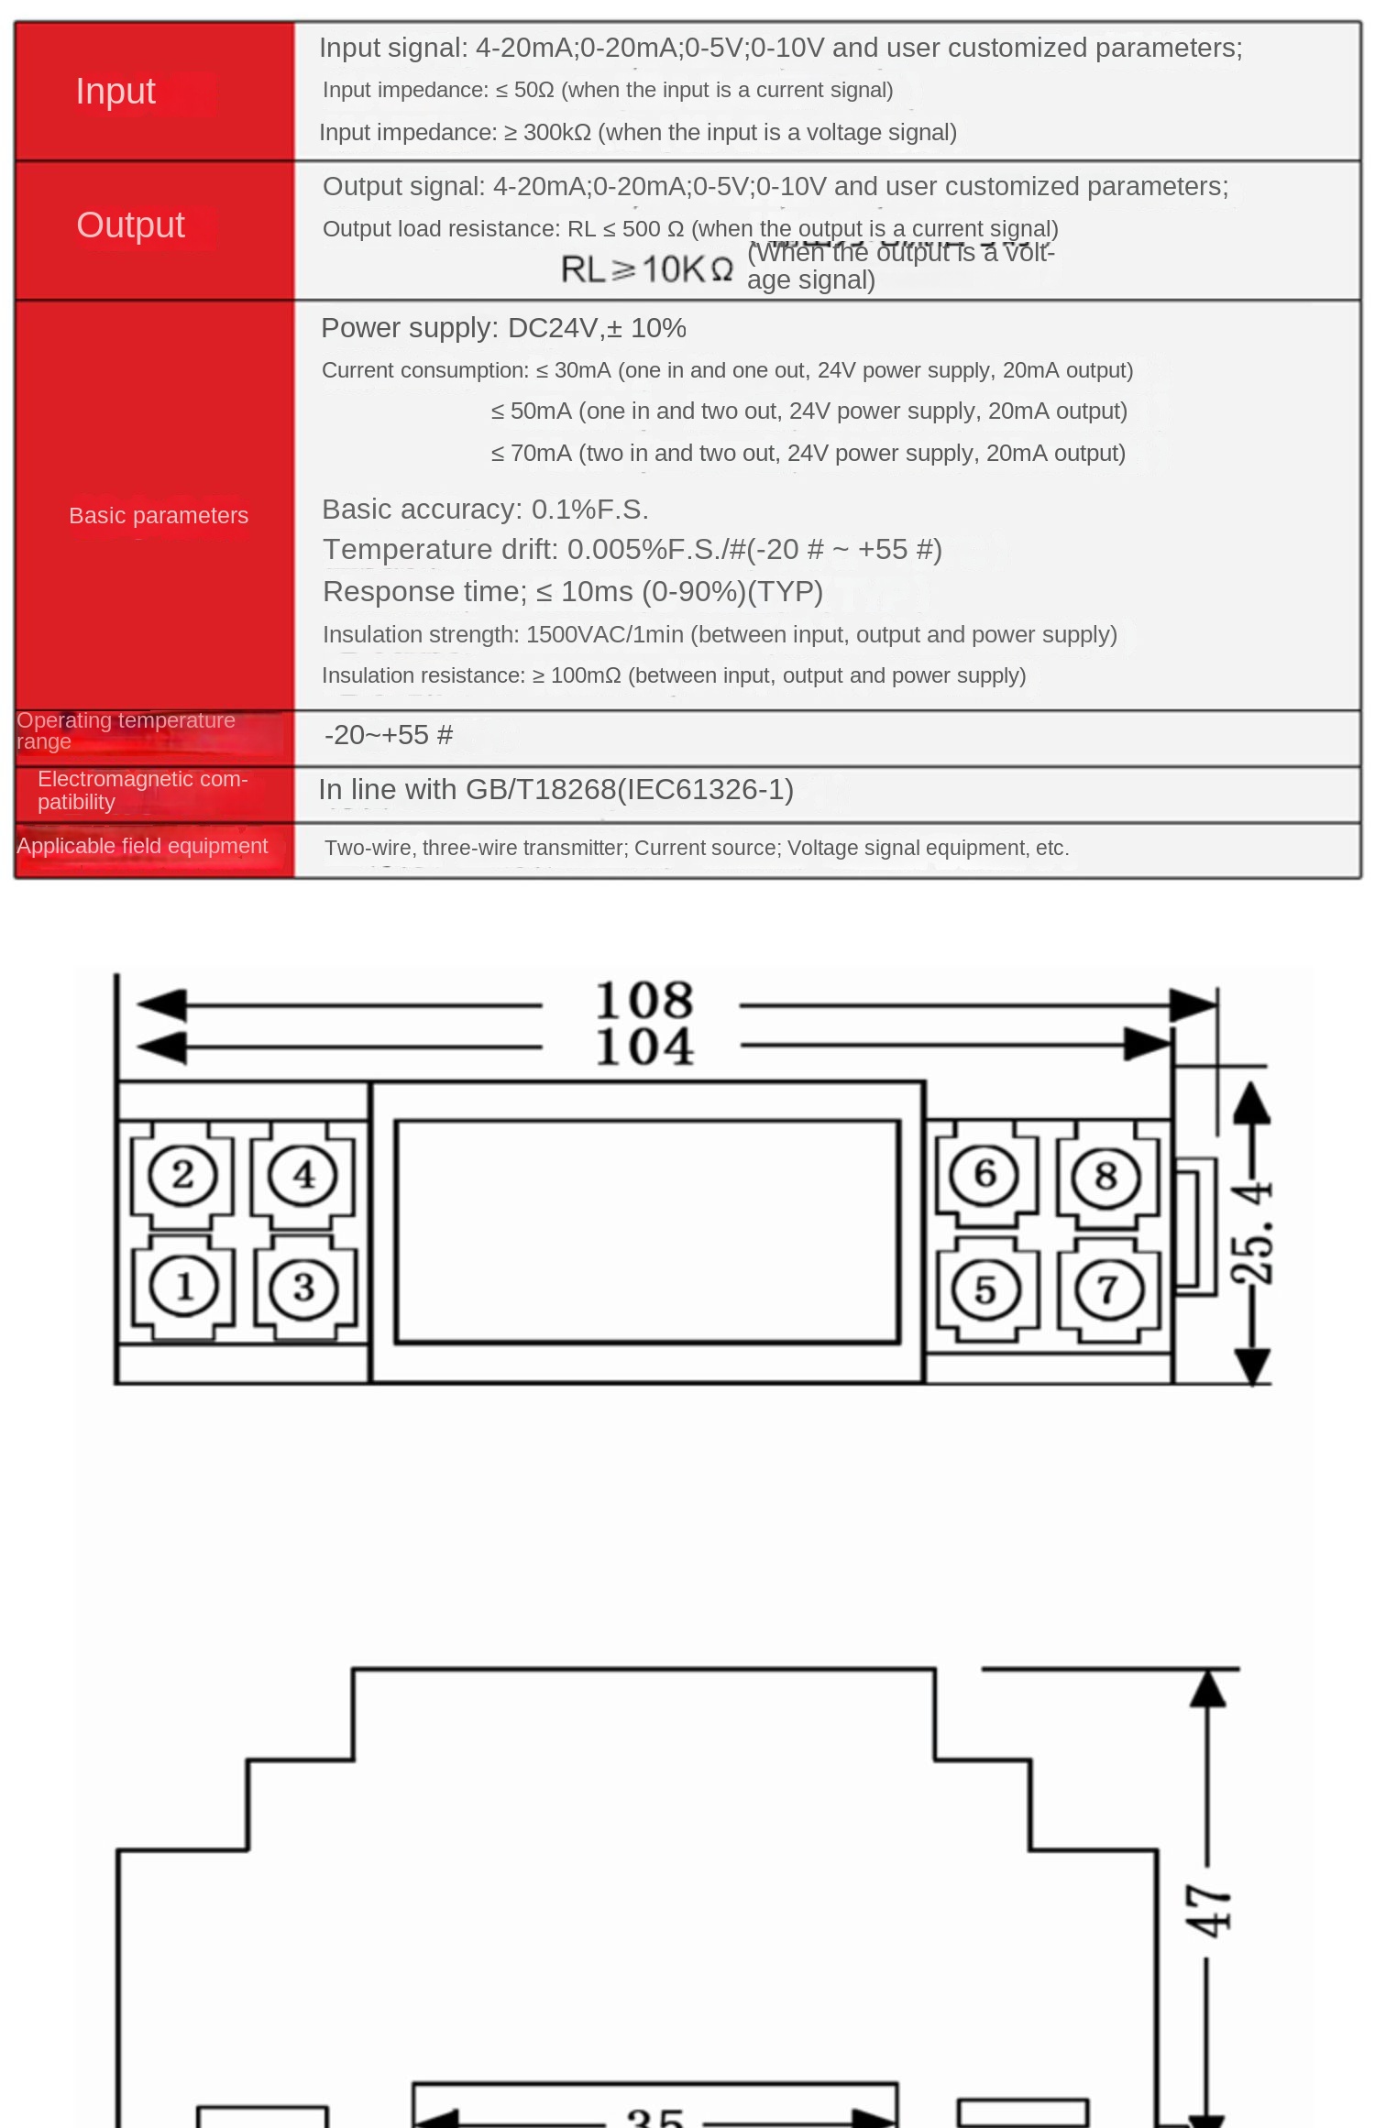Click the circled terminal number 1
click(x=183, y=1286)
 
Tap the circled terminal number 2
click(x=182, y=1175)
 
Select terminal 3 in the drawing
click(x=304, y=1288)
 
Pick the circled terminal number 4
click(x=303, y=1175)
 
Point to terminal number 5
click(x=985, y=1289)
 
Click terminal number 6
click(x=984, y=1174)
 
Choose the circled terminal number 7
click(x=1108, y=1289)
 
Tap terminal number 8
click(x=1106, y=1176)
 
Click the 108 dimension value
click(x=643, y=1000)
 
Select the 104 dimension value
click(x=643, y=1047)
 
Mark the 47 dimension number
click(x=1208, y=1911)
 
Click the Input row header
click(x=115, y=92)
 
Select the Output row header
click(x=130, y=225)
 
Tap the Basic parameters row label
click(x=159, y=515)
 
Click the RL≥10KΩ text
click(x=647, y=269)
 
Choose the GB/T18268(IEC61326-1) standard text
click(x=630, y=789)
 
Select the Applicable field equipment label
click(x=142, y=846)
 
